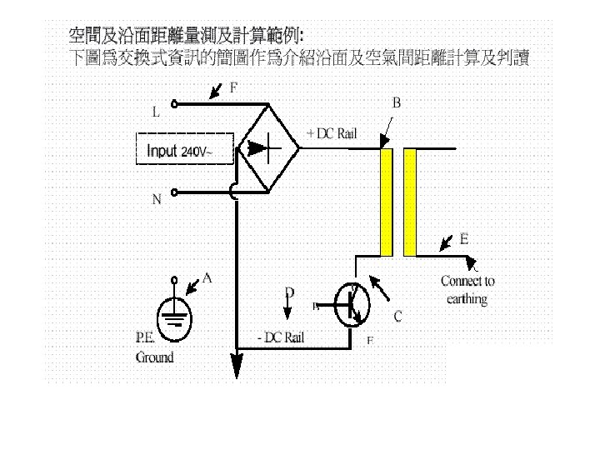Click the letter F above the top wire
(x=233, y=87)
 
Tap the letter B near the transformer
(x=397, y=103)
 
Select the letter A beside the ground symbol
(x=207, y=279)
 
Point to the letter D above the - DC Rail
(x=290, y=292)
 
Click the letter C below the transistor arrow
(x=397, y=317)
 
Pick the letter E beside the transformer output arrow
(x=463, y=237)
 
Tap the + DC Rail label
(x=333, y=133)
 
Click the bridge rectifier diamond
(x=266, y=149)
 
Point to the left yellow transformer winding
(x=386, y=202)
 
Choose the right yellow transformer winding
(x=409, y=202)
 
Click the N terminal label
(x=157, y=200)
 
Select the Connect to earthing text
(x=467, y=290)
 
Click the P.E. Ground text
(x=154, y=348)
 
